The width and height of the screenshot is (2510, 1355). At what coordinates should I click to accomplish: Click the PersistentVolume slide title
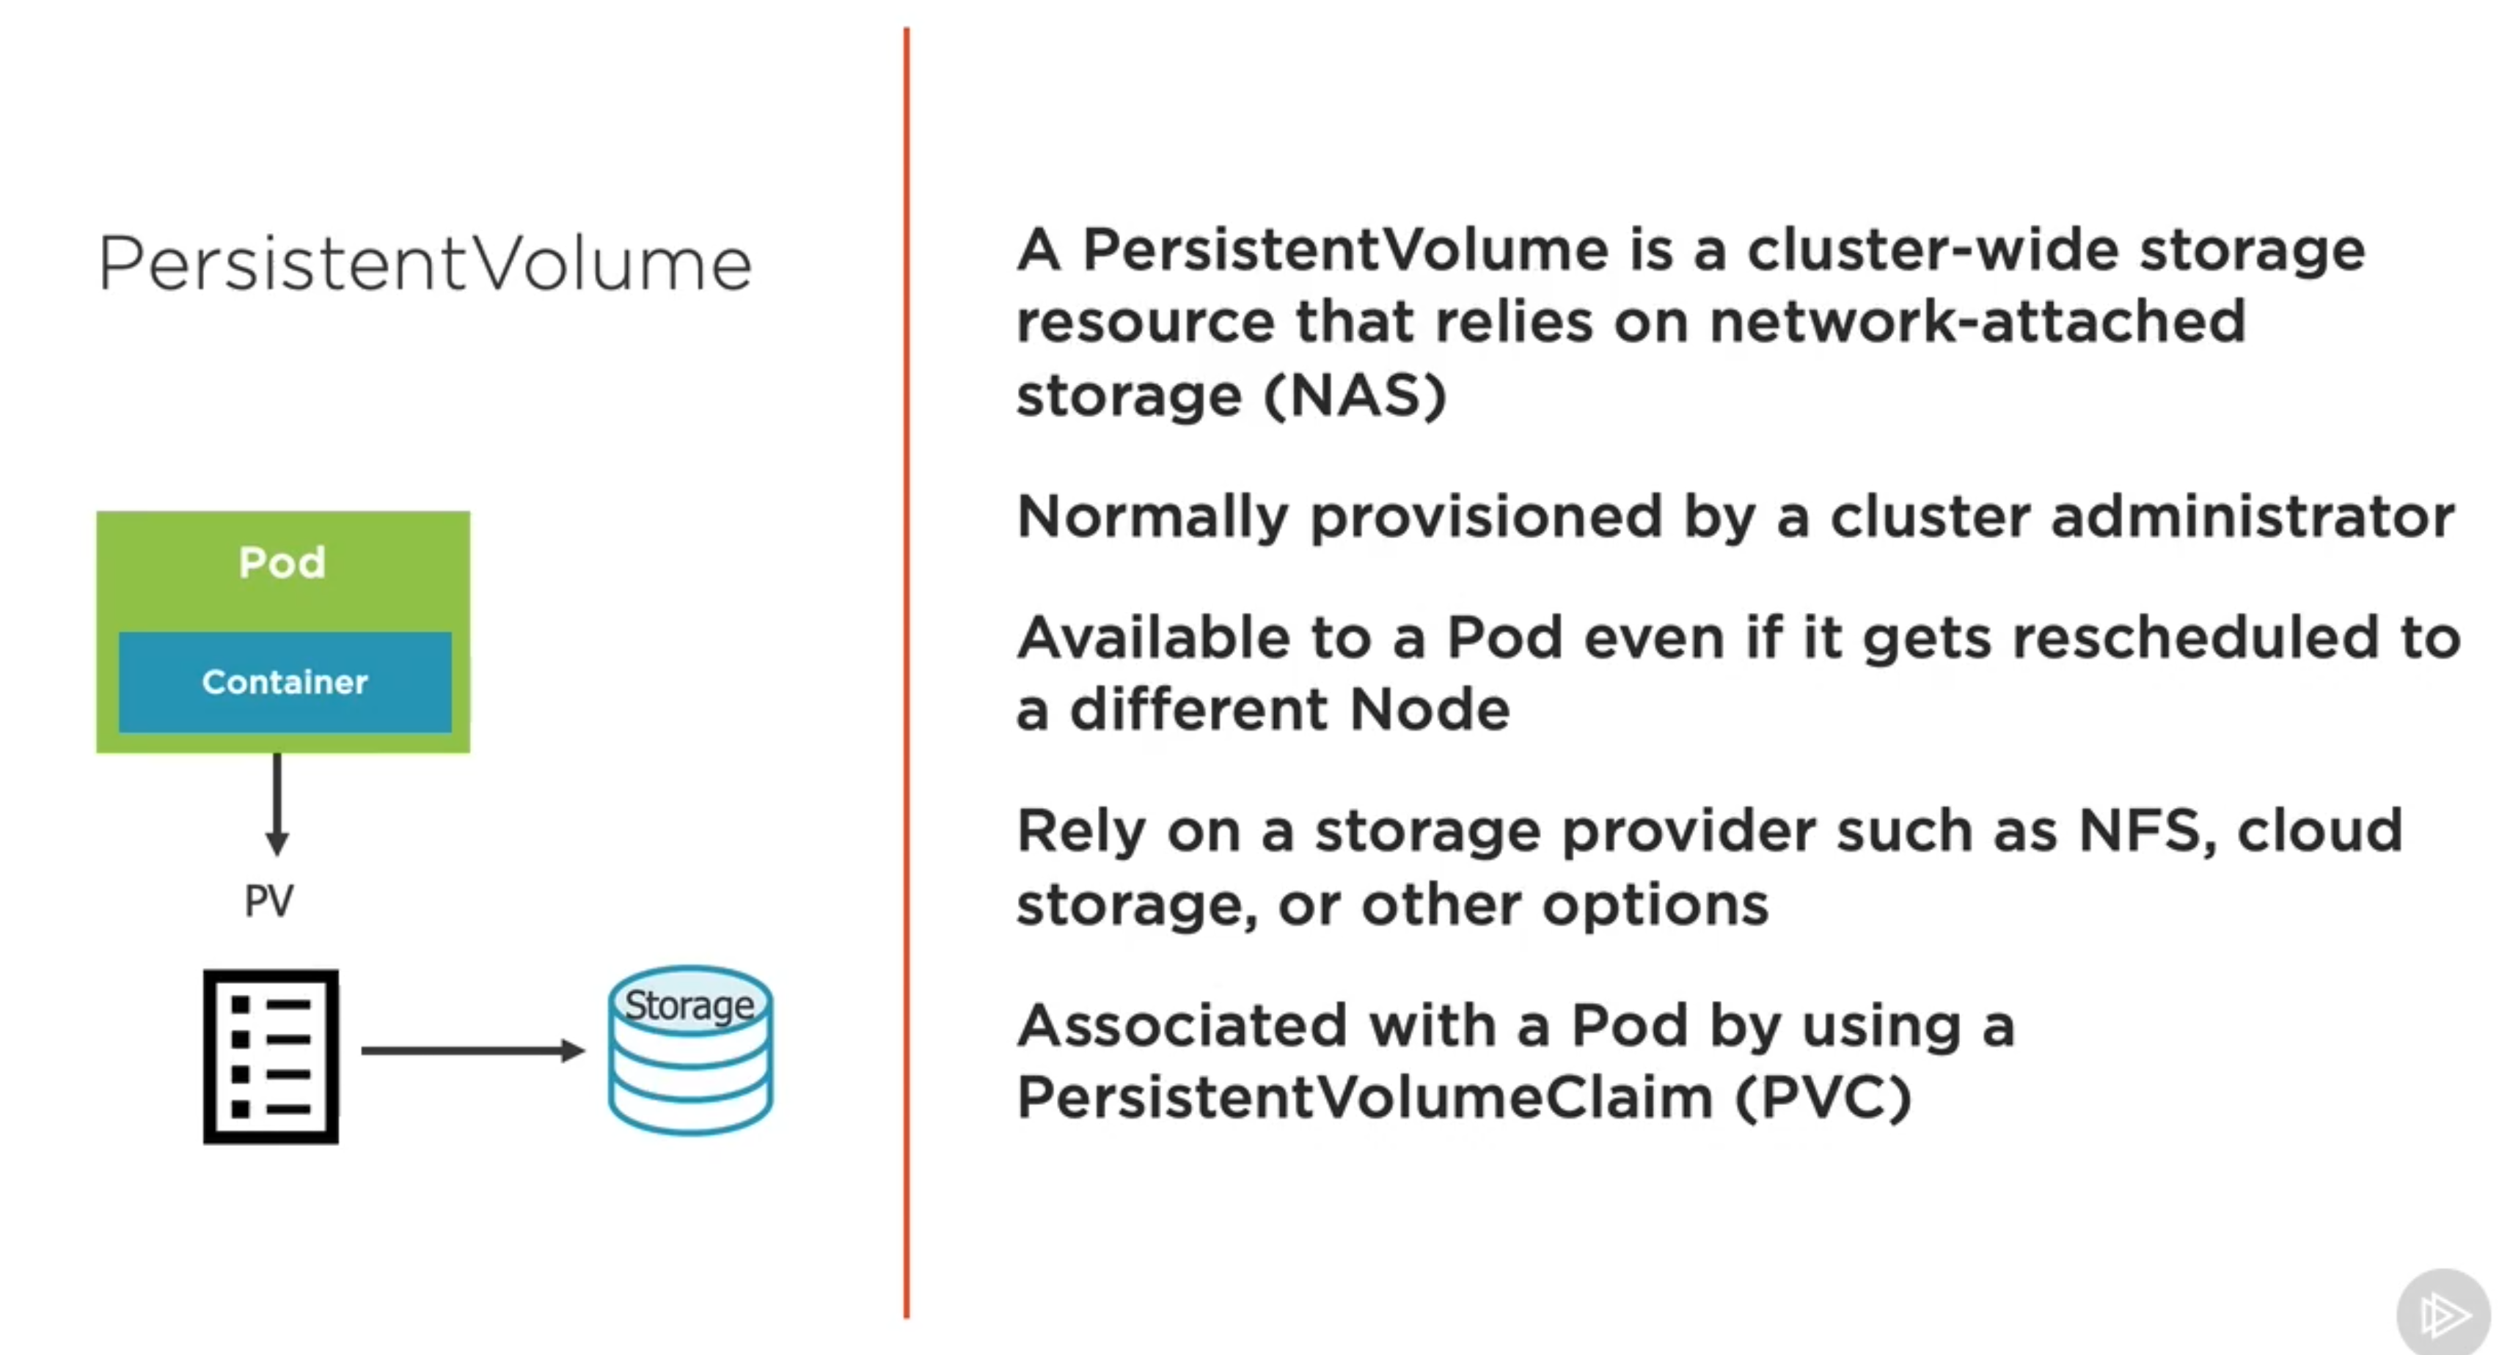pyautogui.click(x=425, y=263)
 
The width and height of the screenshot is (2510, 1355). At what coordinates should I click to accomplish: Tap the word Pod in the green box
pyautogui.click(x=282, y=562)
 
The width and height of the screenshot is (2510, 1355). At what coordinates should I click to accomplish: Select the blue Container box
pyautogui.click(x=285, y=682)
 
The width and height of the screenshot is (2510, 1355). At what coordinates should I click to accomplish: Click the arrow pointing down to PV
pyautogui.click(x=278, y=804)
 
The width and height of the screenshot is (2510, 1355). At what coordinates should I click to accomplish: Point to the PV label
pyautogui.click(x=269, y=901)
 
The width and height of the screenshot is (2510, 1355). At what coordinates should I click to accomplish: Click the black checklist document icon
pyautogui.click(x=271, y=1056)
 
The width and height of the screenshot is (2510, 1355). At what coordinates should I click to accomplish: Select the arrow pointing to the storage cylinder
pyautogui.click(x=472, y=1050)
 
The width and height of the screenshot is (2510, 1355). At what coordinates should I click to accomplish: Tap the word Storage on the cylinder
pyautogui.click(x=689, y=1005)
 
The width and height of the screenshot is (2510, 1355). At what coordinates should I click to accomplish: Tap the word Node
pyautogui.click(x=1430, y=709)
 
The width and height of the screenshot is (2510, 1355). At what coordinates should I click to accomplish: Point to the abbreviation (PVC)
pyautogui.click(x=1823, y=1098)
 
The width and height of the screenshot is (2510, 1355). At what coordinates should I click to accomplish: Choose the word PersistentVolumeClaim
pyautogui.click(x=1365, y=1098)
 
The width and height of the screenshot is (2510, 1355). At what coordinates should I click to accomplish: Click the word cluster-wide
pyautogui.click(x=1932, y=250)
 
